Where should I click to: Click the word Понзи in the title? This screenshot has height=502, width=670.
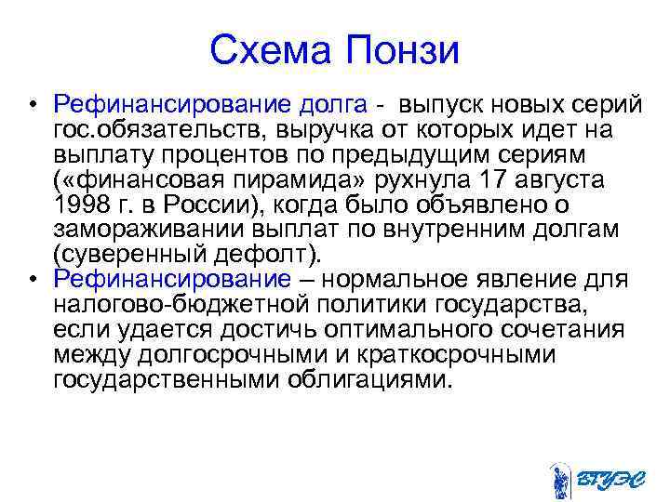404,49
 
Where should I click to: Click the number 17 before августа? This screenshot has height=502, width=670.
495,177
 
